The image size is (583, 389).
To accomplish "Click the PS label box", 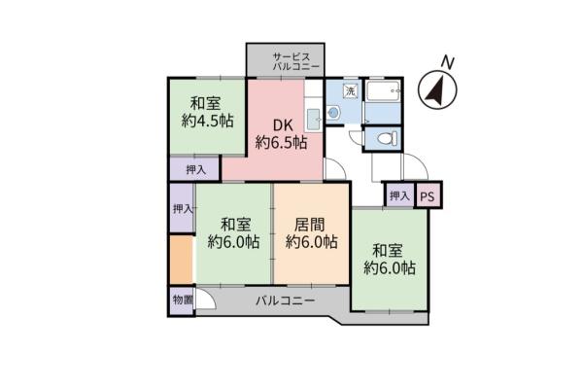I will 429,195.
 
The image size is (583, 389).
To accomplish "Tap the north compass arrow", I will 437,90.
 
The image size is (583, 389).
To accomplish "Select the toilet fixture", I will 388,139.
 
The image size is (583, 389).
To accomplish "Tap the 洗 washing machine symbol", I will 350,90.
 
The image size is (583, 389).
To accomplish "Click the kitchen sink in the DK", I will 313,122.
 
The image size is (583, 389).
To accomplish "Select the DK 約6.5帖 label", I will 282,133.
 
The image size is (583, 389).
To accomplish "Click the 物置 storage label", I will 181,300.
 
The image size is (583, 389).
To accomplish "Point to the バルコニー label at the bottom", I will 286,301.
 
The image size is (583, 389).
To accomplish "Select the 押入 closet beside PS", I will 399,195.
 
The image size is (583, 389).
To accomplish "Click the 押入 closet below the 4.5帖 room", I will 194,169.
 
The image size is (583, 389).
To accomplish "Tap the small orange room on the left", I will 181,257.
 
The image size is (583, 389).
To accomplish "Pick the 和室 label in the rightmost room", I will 389,248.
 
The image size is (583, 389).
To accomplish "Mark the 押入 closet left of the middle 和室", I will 181,209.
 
